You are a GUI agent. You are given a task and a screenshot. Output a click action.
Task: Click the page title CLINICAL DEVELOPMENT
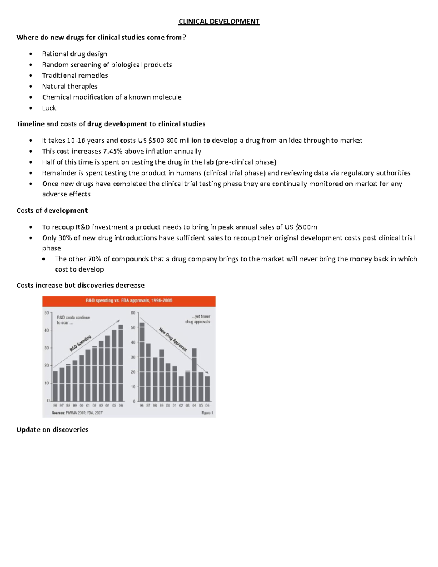coord(219,22)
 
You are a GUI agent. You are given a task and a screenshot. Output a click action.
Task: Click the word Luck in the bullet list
coord(49,108)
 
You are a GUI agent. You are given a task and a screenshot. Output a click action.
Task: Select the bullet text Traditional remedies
coord(75,76)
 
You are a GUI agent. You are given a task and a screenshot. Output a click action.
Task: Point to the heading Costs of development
coord(52,211)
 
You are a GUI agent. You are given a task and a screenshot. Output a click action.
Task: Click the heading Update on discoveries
coord(52,430)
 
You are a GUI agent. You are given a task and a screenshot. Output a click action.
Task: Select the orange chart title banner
coord(129,301)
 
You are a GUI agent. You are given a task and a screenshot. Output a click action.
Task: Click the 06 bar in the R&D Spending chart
coord(121,363)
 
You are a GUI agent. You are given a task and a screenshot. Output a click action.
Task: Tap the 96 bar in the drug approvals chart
coord(142,362)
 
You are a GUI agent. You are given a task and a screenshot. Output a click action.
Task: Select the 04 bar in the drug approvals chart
coord(194,375)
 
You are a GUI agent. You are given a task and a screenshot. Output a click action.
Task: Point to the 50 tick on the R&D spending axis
coord(46,313)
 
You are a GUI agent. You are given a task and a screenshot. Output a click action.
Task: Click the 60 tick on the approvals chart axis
coord(133,313)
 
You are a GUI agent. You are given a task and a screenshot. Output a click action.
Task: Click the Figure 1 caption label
coord(207,413)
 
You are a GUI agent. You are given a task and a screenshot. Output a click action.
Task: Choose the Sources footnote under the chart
coord(77,413)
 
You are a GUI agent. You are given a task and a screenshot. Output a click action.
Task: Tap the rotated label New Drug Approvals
coord(173,340)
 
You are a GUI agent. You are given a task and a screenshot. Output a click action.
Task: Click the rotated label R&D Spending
coord(80,343)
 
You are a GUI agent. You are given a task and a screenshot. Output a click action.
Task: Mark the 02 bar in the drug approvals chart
coord(181,388)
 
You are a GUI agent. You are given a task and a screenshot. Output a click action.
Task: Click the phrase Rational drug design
coord(74,54)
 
